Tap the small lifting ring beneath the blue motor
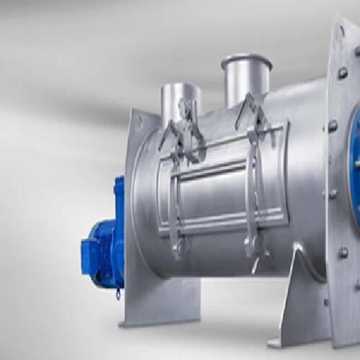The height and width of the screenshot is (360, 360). [x=117, y=295]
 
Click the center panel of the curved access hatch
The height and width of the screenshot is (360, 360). [x=216, y=188]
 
